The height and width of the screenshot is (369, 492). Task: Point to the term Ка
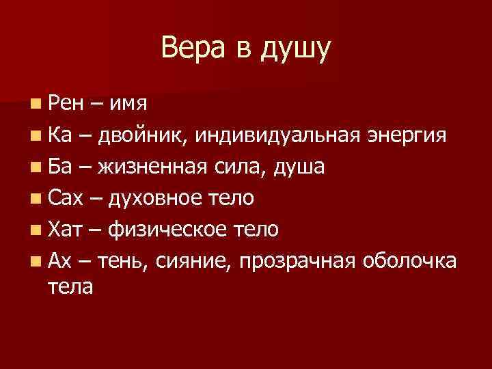click(x=60, y=136)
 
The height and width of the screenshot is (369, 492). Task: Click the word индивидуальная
click(x=275, y=137)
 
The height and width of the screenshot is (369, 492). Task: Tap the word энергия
click(x=408, y=137)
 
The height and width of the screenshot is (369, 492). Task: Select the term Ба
click(x=60, y=167)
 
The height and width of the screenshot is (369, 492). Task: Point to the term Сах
click(x=66, y=198)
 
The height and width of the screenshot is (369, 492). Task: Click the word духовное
click(x=156, y=199)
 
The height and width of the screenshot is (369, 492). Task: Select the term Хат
click(x=66, y=230)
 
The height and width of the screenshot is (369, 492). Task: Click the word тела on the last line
click(x=70, y=286)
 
